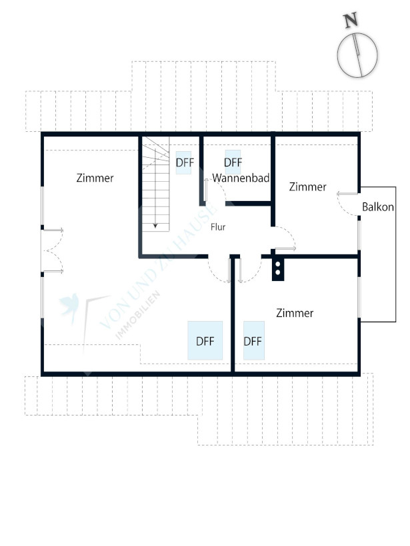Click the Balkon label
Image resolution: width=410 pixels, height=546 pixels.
click(x=378, y=207)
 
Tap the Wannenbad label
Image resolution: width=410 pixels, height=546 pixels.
click(x=241, y=178)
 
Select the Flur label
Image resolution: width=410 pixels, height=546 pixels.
click(x=218, y=227)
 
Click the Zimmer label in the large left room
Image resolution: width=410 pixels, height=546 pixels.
click(x=95, y=178)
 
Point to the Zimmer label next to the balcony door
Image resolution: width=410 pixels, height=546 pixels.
click(x=307, y=186)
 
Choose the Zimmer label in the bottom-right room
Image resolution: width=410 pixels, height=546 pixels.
click(x=295, y=313)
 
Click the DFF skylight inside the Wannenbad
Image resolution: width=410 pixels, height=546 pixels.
click(x=233, y=162)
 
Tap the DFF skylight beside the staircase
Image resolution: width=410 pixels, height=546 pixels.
click(x=184, y=162)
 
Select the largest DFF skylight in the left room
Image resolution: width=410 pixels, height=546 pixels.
click(x=205, y=340)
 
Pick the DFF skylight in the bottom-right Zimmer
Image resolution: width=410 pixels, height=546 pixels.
click(x=254, y=340)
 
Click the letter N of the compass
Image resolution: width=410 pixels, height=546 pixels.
click(x=351, y=20)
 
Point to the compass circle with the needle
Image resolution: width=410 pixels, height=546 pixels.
click(x=357, y=55)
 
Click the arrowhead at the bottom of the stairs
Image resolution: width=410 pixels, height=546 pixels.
click(x=155, y=226)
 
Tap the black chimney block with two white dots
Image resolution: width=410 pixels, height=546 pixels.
click(x=278, y=269)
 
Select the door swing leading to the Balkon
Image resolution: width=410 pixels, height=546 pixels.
click(x=348, y=204)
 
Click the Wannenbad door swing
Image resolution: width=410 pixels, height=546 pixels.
click(x=215, y=190)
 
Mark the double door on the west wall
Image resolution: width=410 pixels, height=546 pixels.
click(x=52, y=250)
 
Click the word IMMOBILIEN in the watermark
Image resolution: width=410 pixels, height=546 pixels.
click(x=138, y=315)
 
